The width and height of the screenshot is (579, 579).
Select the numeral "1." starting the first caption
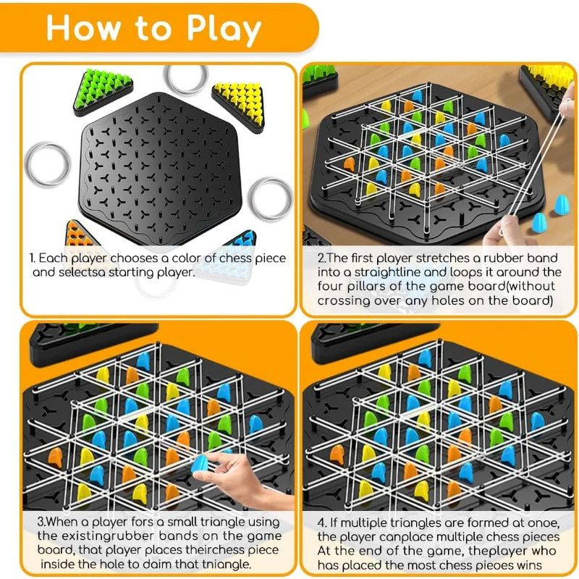coord(32,258)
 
